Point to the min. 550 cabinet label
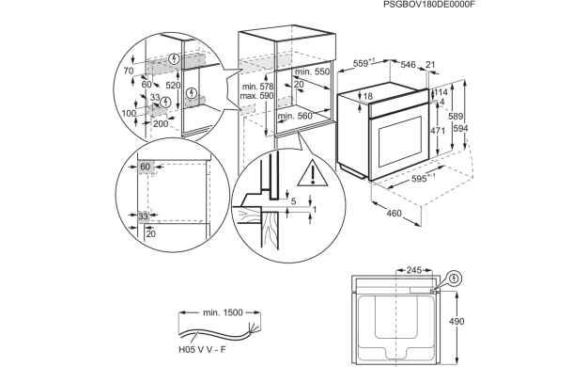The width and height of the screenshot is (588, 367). [311, 72]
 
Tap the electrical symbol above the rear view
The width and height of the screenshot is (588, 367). [456, 278]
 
